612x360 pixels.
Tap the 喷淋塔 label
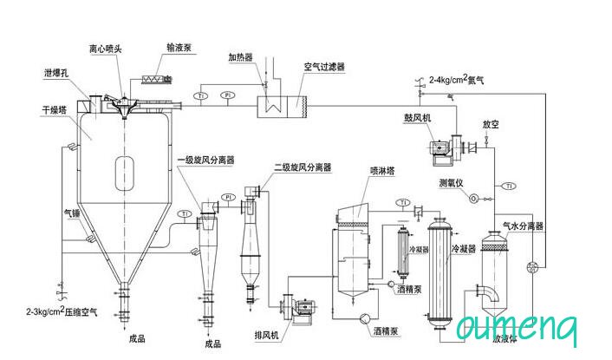[x=382, y=170]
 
